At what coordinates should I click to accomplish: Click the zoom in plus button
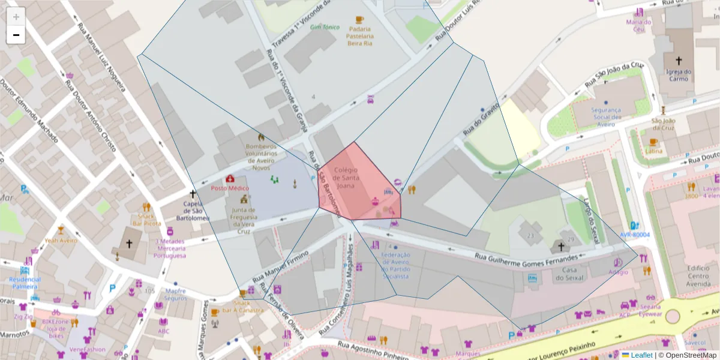[x=16, y=17]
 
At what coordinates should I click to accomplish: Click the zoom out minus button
[x=16, y=35]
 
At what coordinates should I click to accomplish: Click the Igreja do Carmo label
[x=679, y=75]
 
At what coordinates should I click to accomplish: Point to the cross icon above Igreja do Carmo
[x=679, y=61]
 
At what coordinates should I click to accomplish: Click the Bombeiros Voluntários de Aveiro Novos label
[x=261, y=157]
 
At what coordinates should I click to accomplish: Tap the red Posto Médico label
[x=229, y=188]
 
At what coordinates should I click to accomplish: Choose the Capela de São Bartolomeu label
[x=193, y=211]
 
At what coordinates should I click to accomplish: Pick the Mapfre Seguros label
[x=175, y=295]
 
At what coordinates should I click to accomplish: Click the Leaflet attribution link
[x=641, y=355]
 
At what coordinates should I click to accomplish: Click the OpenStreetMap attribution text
[x=689, y=355]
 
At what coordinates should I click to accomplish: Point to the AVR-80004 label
[x=635, y=235]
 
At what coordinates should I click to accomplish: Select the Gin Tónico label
[x=325, y=27]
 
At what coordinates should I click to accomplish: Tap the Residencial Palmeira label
[x=25, y=283]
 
